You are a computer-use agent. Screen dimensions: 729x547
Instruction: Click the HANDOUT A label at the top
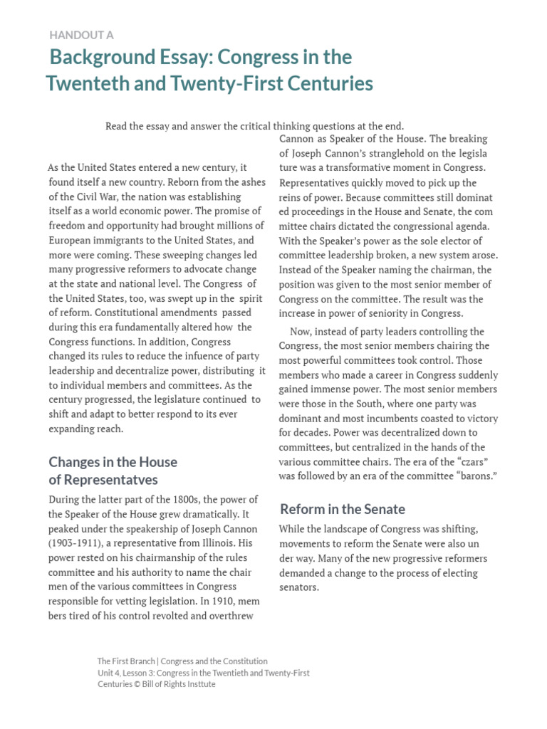[81, 34]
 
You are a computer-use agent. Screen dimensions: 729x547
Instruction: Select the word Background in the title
[103, 57]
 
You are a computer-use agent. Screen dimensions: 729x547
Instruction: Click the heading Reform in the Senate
[343, 509]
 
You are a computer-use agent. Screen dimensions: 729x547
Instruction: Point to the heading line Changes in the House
[113, 462]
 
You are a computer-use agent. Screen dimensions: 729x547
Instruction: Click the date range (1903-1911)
[79, 543]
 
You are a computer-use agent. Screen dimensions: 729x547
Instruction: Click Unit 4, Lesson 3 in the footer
[125, 673]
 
